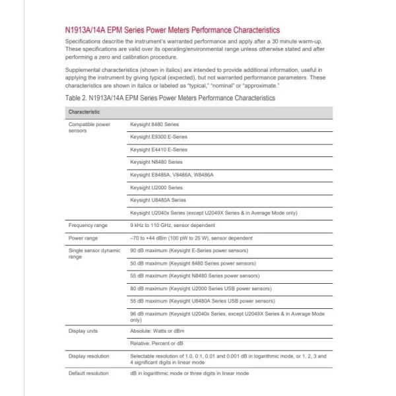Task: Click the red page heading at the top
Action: pos(172,30)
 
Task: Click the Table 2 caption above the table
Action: pos(170,98)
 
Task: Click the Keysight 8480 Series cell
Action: pos(154,124)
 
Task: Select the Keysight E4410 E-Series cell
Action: pos(158,149)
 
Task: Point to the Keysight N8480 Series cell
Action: pos(156,162)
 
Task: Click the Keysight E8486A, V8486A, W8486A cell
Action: pos(172,174)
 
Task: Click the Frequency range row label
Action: pos(88,225)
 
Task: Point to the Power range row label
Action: pos(84,238)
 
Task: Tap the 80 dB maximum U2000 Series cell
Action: pos(200,288)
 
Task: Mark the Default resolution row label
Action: pos(88,374)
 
